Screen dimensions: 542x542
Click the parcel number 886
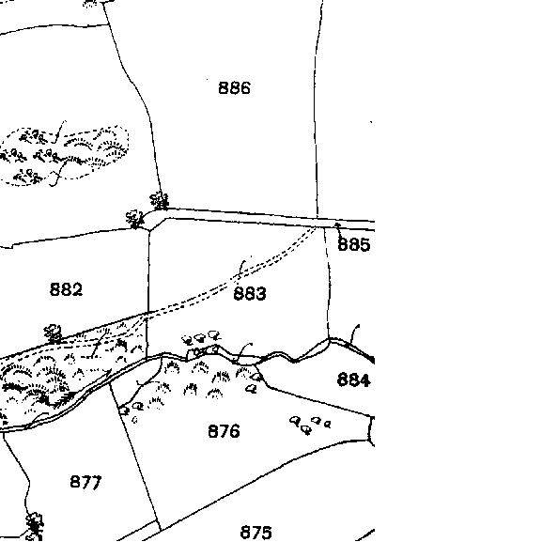click(x=234, y=87)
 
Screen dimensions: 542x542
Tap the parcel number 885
click(x=353, y=244)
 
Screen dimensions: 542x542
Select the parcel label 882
click(x=66, y=289)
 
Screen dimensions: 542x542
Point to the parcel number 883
click(x=250, y=293)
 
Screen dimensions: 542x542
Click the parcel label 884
click(x=353, y=379)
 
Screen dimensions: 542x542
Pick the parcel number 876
click(x=224, y=431)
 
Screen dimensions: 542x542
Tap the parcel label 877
click(x=85, y=482)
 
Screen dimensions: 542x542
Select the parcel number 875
click(x=256, y=533)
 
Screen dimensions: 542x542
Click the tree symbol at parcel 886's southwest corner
click(x=160, y=200)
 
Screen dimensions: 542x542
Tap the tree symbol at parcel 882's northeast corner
click(x=135, y=219)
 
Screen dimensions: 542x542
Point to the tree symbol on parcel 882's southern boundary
click(x=53, y=333)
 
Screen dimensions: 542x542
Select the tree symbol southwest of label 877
click(x=35, y=526)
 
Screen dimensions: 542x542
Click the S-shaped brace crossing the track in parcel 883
click(x=242, y=267)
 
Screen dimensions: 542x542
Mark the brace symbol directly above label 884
click(x=354, y=333)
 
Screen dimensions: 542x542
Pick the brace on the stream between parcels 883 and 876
click(x=242, y=352)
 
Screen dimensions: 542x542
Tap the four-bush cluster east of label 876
click(x=310, y=425)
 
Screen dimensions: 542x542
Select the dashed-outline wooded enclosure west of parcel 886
click(x=65, y=156)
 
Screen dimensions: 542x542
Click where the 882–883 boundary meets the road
click(x=149, y=229)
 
